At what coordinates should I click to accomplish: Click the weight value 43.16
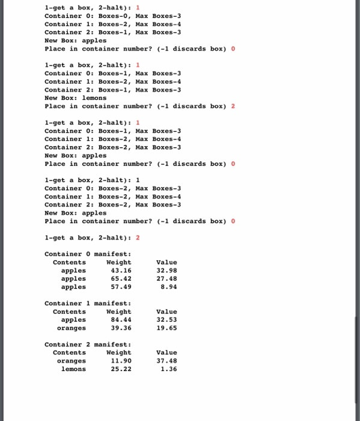tap(121, 271)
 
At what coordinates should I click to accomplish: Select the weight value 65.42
tap(121, 279)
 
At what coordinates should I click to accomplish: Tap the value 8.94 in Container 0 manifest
tap(168, 287)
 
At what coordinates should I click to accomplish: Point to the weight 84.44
tap(121, 320)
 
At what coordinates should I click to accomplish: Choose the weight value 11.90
tap(121, 361)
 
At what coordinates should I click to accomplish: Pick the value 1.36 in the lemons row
tap(168, 369)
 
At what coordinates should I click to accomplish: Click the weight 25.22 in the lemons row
tap(121, 369)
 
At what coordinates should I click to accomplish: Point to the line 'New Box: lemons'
tap(75, 97)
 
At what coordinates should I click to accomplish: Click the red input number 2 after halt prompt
tap(138, 238)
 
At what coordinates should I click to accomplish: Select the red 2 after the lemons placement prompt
tap(233, 106)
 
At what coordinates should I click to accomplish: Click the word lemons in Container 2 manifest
tap(73, 369)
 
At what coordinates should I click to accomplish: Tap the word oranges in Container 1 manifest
tap(71, 328)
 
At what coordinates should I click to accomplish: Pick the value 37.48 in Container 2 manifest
tap(166, 361)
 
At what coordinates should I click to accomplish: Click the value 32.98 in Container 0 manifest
tap(166, 271)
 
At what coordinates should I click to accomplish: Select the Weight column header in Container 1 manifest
tap(118, 312)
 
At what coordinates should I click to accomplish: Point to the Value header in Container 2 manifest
tap(166, 352)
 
